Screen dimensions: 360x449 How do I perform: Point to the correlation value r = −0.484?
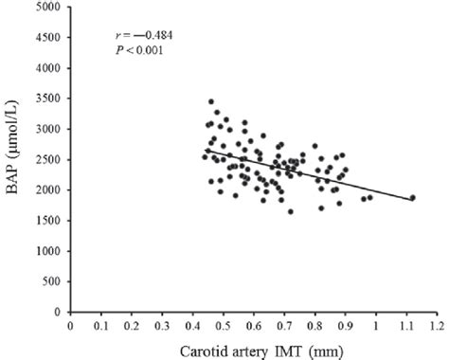(138, 36)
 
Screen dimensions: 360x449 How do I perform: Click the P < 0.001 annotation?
(137, 50)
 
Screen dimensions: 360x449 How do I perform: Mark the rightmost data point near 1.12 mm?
(412, 198)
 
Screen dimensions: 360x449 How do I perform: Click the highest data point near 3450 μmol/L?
(211, 101)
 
